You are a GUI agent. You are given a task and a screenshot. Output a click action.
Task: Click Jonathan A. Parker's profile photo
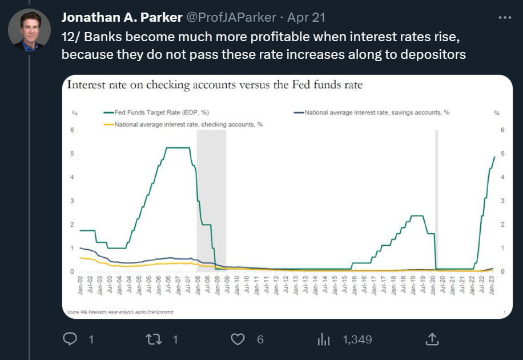pyautogui.click(x=29, y=30)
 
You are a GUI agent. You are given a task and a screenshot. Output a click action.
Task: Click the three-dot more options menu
pyautogui.click(x=505, y=17)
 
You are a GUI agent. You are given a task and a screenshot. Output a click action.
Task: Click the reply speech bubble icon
pyautogui.click(x=70, y=339)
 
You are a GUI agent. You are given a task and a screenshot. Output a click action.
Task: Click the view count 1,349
pyautogui.click(x=357, y=339)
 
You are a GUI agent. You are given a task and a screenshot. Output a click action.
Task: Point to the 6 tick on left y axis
pyautogui.click(x=73, y=130)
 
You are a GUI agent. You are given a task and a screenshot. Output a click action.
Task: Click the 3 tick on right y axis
pyautogui.click(x=502, y=201)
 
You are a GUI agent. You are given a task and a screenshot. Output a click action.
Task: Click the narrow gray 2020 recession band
pyautogui.click(x=437, y=200)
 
